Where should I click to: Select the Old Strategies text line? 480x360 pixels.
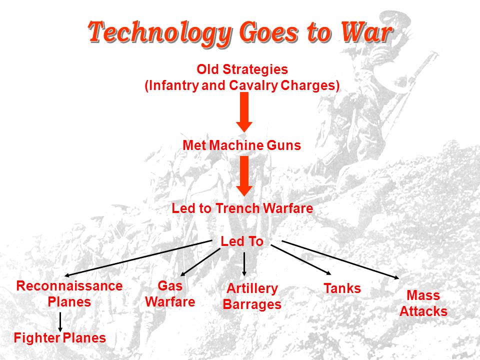pos(242,69)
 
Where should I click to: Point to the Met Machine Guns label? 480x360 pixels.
pos(242,145)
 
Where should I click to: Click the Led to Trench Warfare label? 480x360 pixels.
pos(242,208)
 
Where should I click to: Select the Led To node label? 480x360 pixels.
pos(242,241)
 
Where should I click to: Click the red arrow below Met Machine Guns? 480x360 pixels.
pos(244,175)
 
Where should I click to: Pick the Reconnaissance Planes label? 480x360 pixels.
pos(69,294)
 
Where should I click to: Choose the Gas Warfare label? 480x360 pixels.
pos(170,294)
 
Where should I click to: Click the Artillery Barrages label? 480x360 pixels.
pos(252,296)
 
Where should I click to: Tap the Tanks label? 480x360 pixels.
pos(342,288)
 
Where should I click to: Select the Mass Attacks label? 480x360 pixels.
pos(423,303)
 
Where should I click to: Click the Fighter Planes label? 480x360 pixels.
pos(60,338)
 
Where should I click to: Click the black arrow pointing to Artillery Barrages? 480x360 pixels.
pos(244,264)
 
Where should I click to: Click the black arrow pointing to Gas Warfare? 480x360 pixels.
pos(200,261)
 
